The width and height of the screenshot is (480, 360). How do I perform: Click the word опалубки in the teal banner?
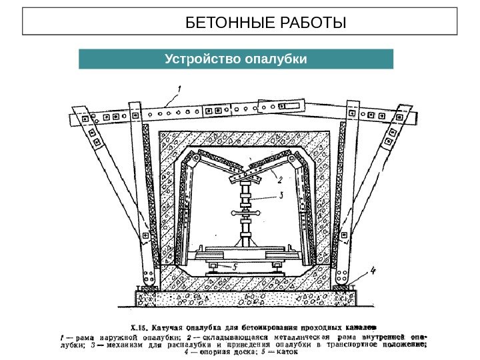(276, 59)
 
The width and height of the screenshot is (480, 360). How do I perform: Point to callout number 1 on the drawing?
(179, 87)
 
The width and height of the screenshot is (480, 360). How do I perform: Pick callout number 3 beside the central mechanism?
(282, 195)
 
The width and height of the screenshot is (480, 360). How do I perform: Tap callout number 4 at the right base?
(373, 271)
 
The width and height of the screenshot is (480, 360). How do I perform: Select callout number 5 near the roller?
(235, 265)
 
